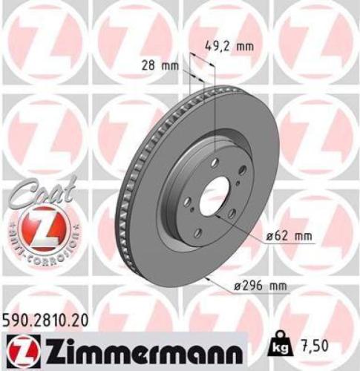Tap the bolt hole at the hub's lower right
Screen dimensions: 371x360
pyautogui.click(x=232, y=213)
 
